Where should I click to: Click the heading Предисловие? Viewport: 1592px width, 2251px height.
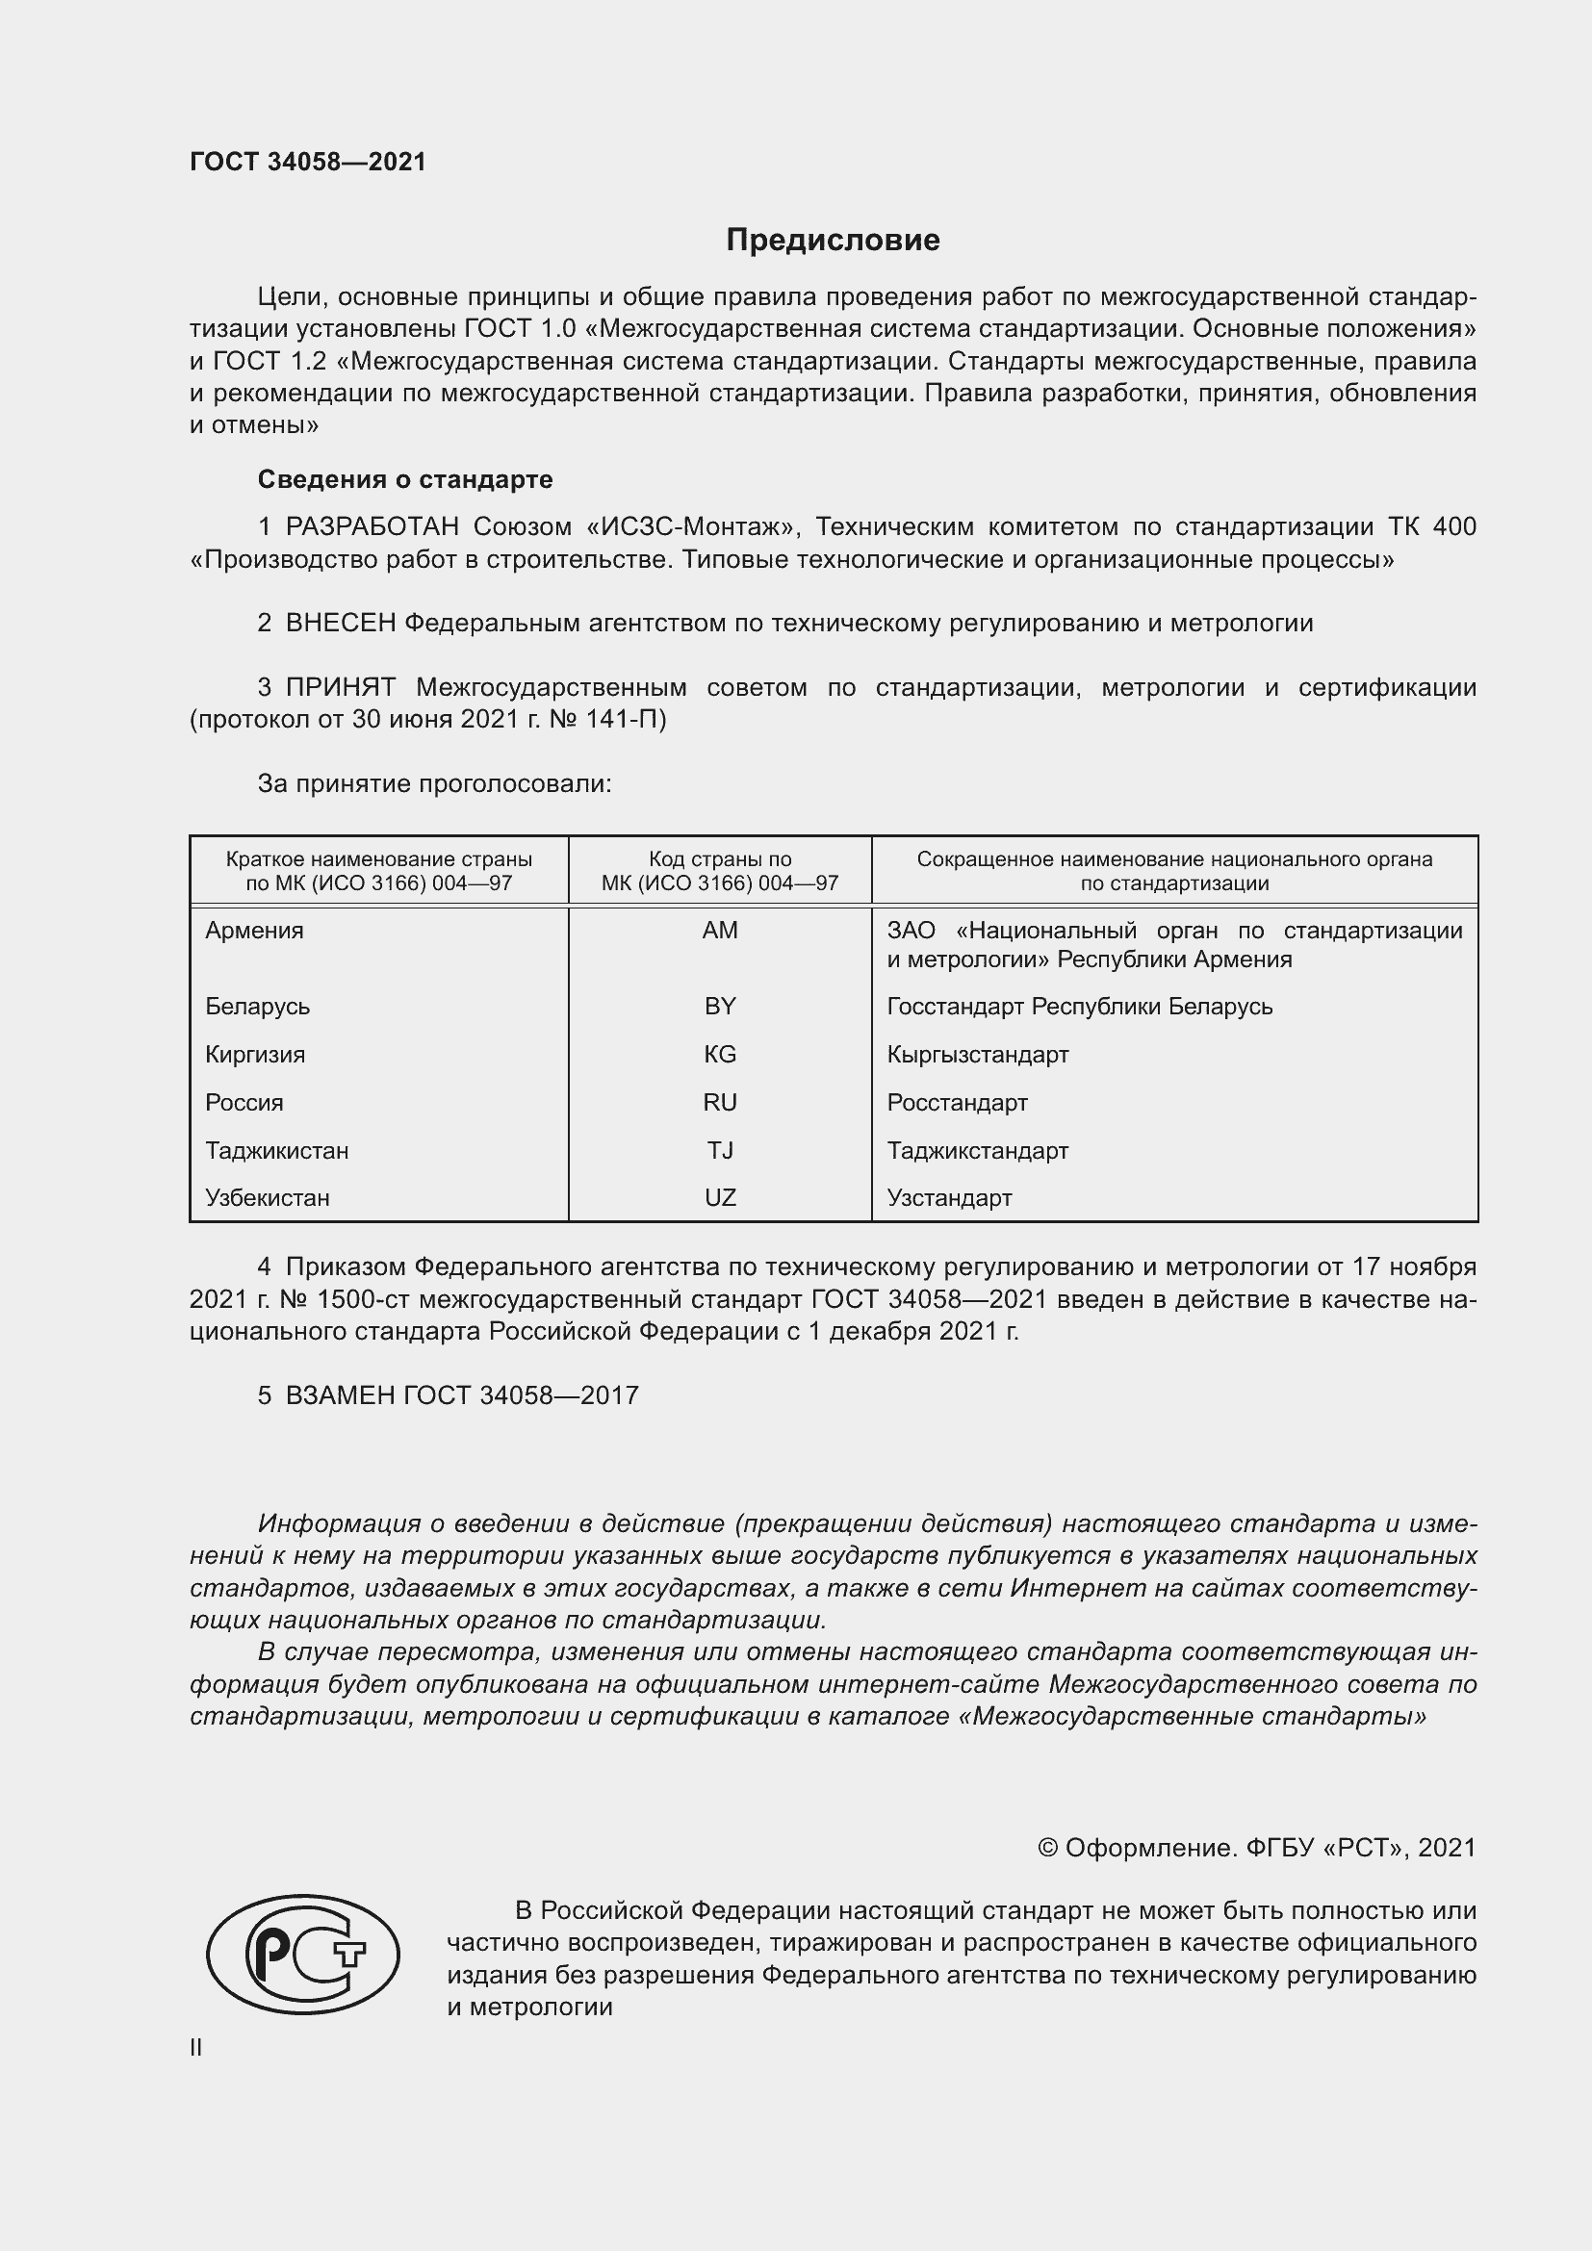pos(833,241)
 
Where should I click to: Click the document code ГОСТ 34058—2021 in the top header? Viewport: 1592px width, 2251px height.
pos(308,162)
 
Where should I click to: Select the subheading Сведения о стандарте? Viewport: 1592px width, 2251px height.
pos(405,479)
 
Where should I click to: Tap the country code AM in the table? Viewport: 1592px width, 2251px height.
pos(720,931)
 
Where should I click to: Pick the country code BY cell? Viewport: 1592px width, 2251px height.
pos(720,1006)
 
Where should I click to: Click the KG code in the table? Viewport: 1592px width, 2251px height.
pos(720,1054)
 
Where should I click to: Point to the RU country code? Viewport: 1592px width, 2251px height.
pos(720,1102)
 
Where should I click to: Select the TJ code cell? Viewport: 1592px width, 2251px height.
pos(720,1150)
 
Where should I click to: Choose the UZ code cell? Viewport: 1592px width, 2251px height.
pos(720,1197)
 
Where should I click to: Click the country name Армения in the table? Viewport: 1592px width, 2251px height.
pos(254,931)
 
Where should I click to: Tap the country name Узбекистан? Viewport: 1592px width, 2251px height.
pos(267,1197)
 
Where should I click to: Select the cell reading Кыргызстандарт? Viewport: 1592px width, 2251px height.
pos(977,1054)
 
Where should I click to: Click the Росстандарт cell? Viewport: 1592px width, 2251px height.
pos(957,1102)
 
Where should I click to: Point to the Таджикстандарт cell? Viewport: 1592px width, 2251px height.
pos(977,1150)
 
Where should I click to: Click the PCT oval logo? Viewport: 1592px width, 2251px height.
pos(303,1954)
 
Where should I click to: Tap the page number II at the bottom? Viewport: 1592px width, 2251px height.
pos(196,2047)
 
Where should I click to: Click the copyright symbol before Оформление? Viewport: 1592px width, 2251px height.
pos(1047,1848)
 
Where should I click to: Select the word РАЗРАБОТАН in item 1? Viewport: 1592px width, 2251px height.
pos(372,526)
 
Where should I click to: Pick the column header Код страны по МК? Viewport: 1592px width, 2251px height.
pos(720,871)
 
